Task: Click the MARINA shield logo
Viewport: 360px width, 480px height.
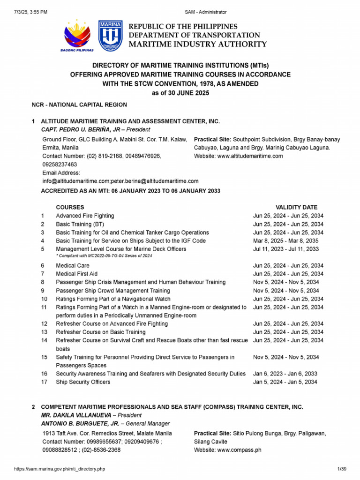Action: pos(111,35)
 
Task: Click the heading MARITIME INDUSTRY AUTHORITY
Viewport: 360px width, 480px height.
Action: pos(198,45)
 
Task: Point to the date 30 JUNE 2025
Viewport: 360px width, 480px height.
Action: pos(185,93)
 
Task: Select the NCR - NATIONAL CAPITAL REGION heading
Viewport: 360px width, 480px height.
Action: pos(79,105)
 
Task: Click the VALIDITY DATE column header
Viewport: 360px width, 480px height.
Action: pos(296,207)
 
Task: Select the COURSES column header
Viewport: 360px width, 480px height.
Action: pos(70,207)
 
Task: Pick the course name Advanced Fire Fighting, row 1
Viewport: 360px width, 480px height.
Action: pos(85,216)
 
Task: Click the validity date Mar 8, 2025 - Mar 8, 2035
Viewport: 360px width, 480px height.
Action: pos(286,241)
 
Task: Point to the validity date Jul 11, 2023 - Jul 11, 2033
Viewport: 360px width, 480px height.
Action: pos(286,249)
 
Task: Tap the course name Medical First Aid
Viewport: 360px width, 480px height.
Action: pos(77,274)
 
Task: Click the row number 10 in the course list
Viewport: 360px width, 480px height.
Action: pos(44,299)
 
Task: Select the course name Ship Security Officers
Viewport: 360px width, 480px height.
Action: pos(83,382)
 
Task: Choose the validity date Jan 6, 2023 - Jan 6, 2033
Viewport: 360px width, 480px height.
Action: pos(285,374)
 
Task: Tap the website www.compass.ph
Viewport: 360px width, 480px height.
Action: pos(239,450)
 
